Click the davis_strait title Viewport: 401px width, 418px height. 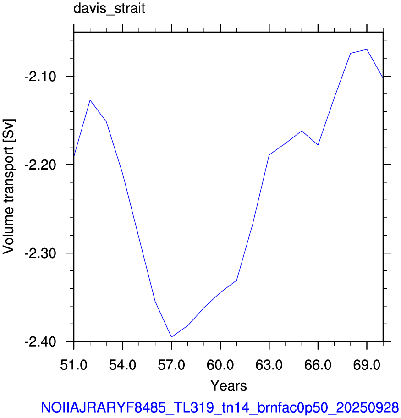coord(109,9)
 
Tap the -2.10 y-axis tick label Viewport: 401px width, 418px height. coord(40,77)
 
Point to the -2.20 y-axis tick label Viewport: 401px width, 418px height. coord(40,165)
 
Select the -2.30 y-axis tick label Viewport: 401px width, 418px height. coord(40,253)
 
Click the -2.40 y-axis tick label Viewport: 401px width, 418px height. coord(40,341)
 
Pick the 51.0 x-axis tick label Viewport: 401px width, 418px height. coord(74,364)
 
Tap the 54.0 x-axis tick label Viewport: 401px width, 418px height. coord(123,364)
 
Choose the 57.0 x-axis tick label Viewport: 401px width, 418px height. coord(171,364)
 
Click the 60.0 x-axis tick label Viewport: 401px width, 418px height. coord(220,364)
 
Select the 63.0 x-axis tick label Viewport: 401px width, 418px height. coord(269,364)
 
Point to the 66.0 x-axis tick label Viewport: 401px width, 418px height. coord(318,364)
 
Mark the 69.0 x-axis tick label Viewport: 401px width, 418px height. coord(367,364)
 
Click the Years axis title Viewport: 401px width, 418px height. coord(229,385)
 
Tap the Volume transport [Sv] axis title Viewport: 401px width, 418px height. coord(9,187)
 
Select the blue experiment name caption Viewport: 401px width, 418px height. coord(220,407)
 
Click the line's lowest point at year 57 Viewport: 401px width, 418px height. coord(171,337)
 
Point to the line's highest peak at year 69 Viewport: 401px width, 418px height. coord(367,49)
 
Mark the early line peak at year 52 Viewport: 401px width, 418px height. coord(90,100)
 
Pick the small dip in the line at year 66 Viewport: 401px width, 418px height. coord(318,145)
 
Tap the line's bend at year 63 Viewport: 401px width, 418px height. coord(269,154)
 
